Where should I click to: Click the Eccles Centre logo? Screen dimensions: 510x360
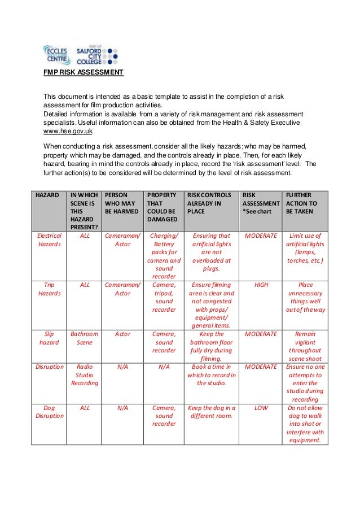pyautogui.click(x=56, y=55)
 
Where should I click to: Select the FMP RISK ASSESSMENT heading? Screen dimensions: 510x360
pyautogui.click(x=84, y=73)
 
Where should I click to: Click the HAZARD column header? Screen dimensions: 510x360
pyautogui.click(x=47, y=194)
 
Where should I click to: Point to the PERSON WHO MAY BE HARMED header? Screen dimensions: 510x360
pyautogui.click(x=121, y=202)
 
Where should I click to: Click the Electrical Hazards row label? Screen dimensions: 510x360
pyautogui.click(x=49, y=240)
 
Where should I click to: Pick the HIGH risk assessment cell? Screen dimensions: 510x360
pyautogui.click(x=261, y=285)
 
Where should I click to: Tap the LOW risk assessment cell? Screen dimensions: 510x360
pyautogui.click(x=261, y=407)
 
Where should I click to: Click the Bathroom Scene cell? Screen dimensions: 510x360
pyautogui.click(x=84, y=338)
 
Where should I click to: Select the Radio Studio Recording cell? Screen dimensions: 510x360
pyautogui.click(x=84, y=374)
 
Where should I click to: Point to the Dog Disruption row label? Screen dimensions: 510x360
pyautogui.click(x=49, y=411)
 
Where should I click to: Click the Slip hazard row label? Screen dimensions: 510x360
pyautogui.click(x=49, y=338)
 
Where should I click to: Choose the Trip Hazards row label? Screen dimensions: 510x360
pyautogui.click(x=49, y=289)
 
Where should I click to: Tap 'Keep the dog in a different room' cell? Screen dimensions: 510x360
pyautogui.click(x=212, y=411)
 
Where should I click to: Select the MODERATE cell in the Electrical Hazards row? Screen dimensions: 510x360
pyautogui.click(x=261, y=236)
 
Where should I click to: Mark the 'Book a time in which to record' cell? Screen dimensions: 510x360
pyautogui.click(x=212, y=374)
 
